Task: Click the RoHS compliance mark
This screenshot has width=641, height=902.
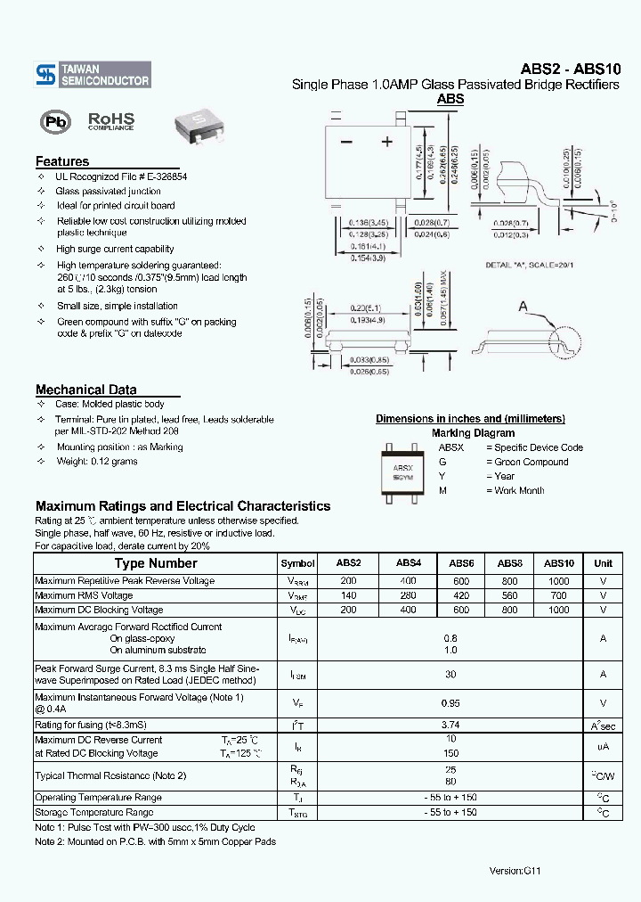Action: click(x=110, y=121)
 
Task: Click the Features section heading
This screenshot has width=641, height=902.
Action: click(x=62, y=161)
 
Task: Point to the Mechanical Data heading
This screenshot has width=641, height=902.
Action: click(x=86, y=389)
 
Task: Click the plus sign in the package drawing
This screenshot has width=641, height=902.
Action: click(x=386, y=142)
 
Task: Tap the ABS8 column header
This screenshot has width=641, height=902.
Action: click(x=509, y=563)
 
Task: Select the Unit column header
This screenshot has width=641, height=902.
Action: click(x=603, y=563)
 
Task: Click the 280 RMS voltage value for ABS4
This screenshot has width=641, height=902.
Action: click(x=408, y=595)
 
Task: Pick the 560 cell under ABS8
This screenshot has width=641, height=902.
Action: click(x=509, y=595)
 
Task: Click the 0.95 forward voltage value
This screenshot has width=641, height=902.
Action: click(x=450, y=702)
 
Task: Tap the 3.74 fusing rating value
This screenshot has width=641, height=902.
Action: click(x=450, y=726)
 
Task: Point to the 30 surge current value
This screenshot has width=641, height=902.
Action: click(x=450, y=674)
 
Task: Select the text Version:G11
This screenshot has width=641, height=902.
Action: click(x=515, y=870)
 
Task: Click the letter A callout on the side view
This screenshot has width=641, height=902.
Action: click(x=524, y=307)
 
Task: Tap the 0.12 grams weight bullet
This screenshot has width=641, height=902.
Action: click(x=97, y=461)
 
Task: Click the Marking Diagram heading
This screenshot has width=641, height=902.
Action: click(x=470, y=432)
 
